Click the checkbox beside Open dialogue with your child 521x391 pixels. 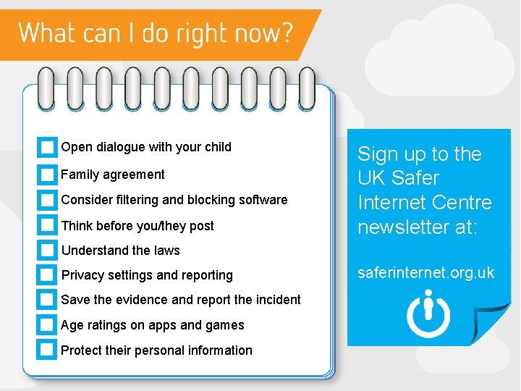coord(47,148)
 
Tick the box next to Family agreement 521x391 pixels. coord(47,175)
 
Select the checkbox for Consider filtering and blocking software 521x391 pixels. coord(47,200)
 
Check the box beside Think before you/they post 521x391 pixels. coord(47,225)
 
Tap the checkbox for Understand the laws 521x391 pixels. coord(47,251)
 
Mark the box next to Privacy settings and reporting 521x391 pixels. coord(47,275)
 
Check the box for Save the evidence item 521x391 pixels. coord(47,300)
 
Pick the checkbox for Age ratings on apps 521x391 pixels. coord(47,325)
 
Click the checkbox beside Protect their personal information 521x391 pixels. coord(47,350)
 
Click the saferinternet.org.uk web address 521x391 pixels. coord(426,273)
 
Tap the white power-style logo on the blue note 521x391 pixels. coord(428,314)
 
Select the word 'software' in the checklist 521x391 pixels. coord(263,200)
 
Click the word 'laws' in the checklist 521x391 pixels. coord(166,251)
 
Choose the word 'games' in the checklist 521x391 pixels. coord(226,325)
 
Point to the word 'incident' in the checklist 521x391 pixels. coord(276,300)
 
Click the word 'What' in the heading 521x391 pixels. coord(43,33)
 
